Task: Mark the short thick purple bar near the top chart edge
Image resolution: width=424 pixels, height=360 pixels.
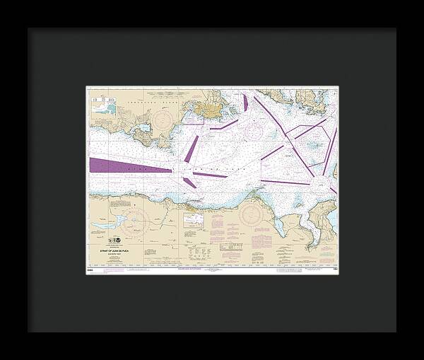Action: [245, 103]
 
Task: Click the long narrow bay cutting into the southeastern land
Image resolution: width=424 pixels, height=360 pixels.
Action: [311, 226]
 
